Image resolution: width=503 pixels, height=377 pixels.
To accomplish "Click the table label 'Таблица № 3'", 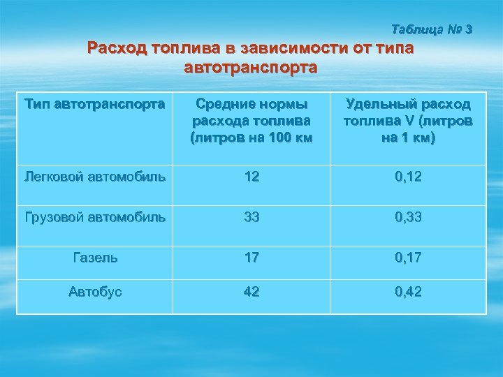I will point(432,30).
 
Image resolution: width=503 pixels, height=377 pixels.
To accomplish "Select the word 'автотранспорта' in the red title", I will point(251,68).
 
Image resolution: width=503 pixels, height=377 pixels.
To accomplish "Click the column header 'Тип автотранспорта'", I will point(94,105).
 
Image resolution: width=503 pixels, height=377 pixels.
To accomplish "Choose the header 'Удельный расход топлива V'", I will point(408,121).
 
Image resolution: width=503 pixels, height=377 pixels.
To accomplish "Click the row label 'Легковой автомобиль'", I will point(95,177).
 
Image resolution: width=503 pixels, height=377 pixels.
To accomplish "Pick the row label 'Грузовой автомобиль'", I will point(95,216).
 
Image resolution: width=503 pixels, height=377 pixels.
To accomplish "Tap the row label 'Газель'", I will point(95,256).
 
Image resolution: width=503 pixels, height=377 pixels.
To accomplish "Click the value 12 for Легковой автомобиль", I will point(251,177).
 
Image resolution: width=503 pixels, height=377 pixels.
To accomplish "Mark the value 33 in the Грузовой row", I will point(251,216).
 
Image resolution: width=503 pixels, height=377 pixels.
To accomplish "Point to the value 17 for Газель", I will point(251,256).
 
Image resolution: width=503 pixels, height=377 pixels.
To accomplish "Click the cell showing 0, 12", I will point(408,177).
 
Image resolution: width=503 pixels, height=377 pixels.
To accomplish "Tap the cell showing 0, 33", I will point(408,216).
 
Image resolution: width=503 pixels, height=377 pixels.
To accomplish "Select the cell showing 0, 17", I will point(408,256).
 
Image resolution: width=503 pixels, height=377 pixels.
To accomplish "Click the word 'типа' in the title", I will point(394,49).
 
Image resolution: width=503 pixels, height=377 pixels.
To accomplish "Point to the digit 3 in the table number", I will point(468,30).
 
